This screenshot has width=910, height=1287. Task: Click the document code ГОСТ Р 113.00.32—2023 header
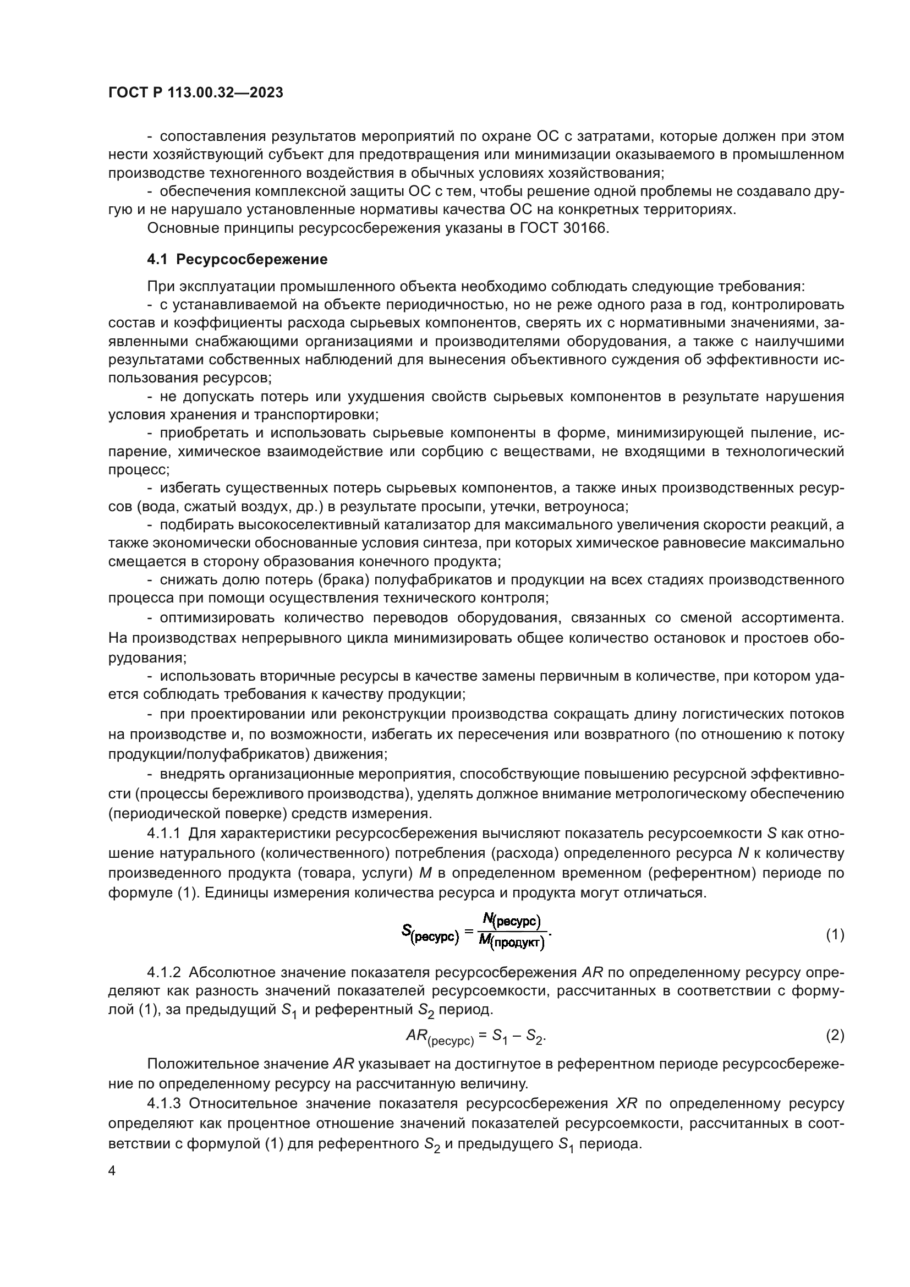[195, 93]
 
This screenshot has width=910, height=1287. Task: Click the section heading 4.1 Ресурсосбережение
[237, 260]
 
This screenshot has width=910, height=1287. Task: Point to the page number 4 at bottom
[112, 1171]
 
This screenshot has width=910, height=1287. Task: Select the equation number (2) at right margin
[835, 1036]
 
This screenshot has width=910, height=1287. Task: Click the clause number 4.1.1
[163, 834]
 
